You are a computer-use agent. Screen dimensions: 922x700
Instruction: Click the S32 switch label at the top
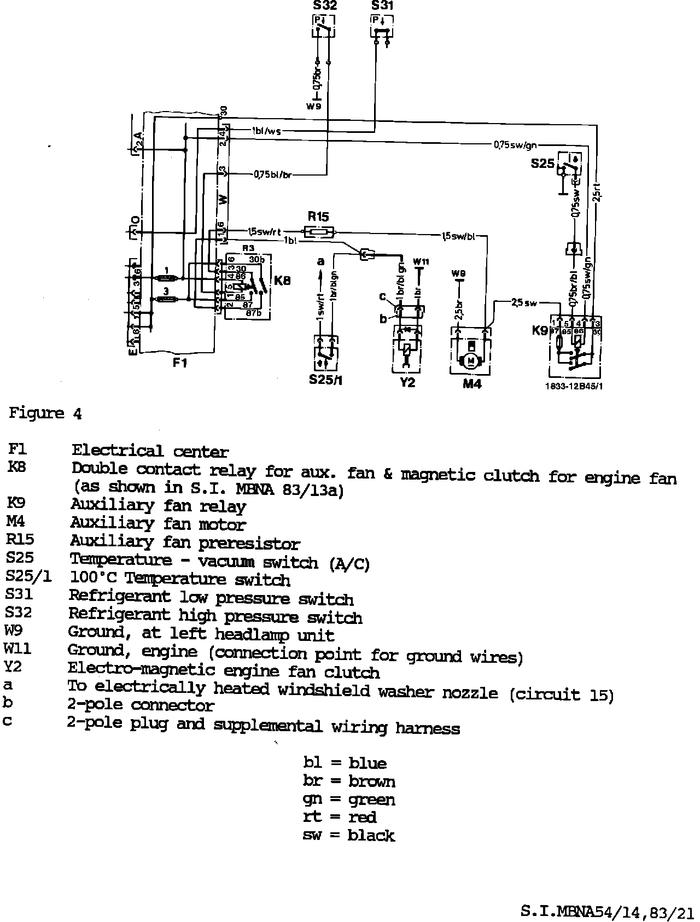pos(325,6)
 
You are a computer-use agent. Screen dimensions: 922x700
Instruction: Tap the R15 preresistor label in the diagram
pos(318,217)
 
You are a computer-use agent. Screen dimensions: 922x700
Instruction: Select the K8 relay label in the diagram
pos(282,281)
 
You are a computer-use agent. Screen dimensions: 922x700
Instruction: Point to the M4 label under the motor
pos(472,384)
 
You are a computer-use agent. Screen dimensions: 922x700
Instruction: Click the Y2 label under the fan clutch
pos(407,382)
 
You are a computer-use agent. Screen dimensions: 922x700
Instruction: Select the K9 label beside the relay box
pos(541,330)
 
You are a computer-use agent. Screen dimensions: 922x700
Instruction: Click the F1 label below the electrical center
pos(180,362)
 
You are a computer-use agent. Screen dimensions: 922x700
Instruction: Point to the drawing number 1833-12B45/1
pos(574,386)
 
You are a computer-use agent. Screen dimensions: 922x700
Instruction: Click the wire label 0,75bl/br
pos(272,175)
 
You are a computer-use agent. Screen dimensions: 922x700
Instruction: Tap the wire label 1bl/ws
pos(266,131)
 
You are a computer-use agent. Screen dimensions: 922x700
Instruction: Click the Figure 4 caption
pos(45,413)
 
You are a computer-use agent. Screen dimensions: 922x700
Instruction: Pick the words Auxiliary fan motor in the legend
pos(158,524)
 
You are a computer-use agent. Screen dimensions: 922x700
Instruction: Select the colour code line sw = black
pos(348,835)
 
